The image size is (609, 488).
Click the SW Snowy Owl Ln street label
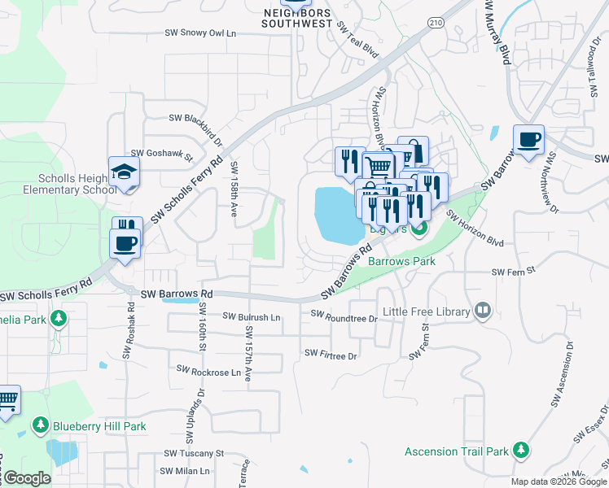tap(200, 33)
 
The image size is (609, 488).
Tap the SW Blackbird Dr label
tap(195, 119)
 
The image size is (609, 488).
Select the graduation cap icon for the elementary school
tap(125, 172)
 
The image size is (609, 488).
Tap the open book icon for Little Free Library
tap(483, 311)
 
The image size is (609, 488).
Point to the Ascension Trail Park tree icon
tap(521, 451)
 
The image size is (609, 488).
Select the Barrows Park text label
tap(401, 262)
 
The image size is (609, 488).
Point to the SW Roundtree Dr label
tap(344, 316)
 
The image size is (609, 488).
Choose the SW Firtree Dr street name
tap(331, 355)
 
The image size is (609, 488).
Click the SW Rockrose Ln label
tap(205, 373)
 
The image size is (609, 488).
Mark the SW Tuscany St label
tap(194, 453)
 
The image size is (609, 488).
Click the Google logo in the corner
tap(26, 478)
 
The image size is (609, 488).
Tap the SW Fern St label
tap(512, 271)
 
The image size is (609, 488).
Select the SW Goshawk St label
tap(161, 154)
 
